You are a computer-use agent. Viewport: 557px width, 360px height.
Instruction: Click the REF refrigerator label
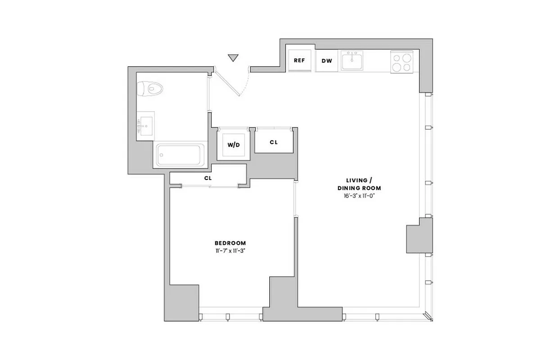299,60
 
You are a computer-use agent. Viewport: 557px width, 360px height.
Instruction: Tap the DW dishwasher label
326,60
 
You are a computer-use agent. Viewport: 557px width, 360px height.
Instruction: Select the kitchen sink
352,60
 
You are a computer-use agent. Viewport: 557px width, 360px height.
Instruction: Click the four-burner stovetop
402,62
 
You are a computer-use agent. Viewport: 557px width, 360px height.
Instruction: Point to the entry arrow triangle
233,58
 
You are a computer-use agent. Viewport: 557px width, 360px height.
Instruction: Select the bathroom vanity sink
145,126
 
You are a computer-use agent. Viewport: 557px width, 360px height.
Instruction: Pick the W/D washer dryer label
233,145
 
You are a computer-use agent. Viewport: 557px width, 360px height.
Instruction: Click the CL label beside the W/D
273,142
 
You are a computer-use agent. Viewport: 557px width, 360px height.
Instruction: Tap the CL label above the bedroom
208,178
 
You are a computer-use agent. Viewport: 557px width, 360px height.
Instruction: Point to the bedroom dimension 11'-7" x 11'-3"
230,251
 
